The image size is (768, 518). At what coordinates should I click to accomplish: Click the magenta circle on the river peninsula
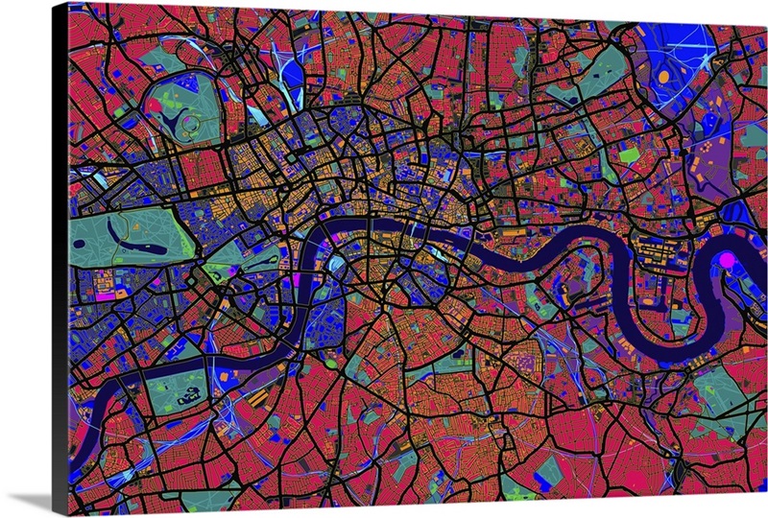726,259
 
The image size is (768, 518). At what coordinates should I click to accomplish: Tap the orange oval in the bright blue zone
663,75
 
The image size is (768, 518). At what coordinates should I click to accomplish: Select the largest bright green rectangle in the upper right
629,153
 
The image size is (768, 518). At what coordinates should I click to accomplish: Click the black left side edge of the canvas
60,259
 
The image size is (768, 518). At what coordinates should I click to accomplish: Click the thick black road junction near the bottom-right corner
676,470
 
